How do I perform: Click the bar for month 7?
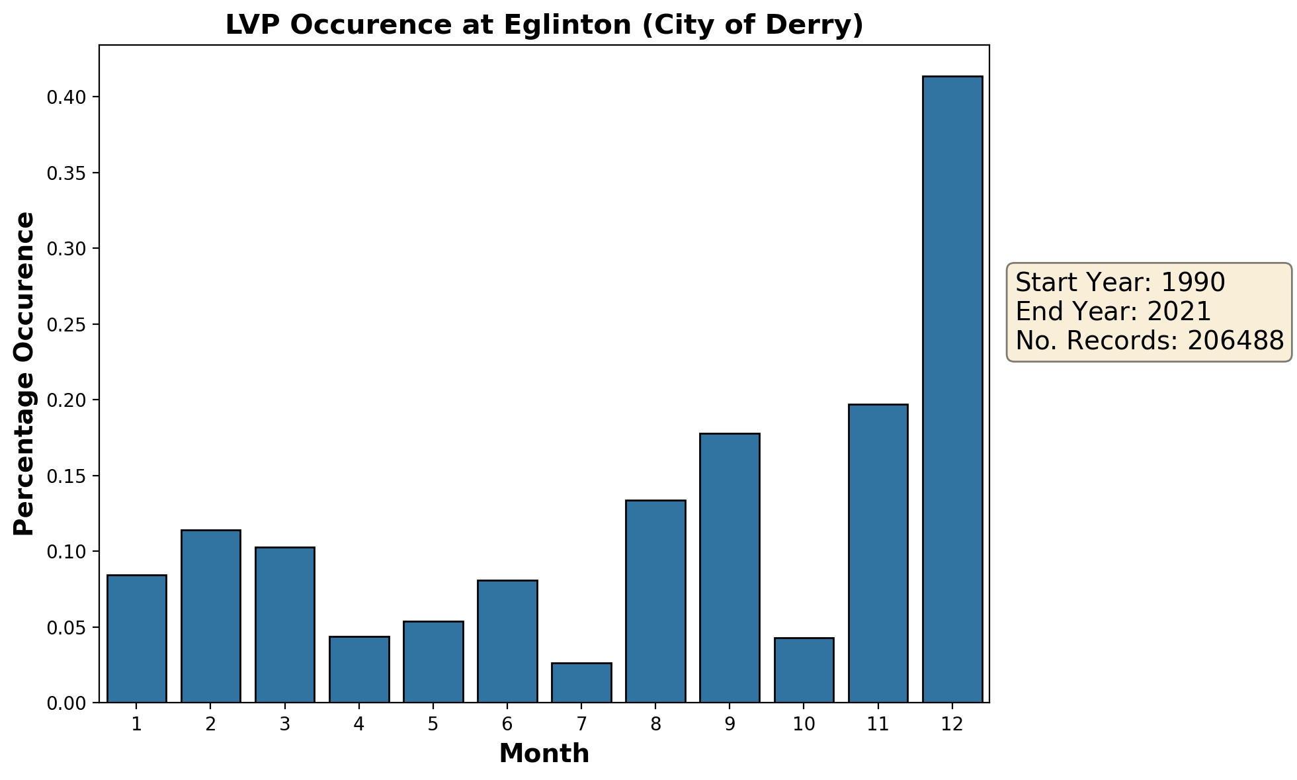point(581,682)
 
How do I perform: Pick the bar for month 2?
point(211,616)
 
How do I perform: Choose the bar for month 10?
point(804,670)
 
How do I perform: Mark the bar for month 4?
point(359,669)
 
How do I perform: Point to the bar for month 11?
point(878,553)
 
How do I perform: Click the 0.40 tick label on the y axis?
point(66,98)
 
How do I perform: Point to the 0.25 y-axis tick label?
point(66,325)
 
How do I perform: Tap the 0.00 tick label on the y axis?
point(66,703)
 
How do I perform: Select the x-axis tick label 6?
point(507,724)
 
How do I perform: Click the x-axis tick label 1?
point(137,724)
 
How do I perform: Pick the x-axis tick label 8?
point(655,724)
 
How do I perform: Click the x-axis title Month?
point(544,754)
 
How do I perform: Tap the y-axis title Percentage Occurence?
point(24,374)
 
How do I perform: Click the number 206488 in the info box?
point(1235,341)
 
